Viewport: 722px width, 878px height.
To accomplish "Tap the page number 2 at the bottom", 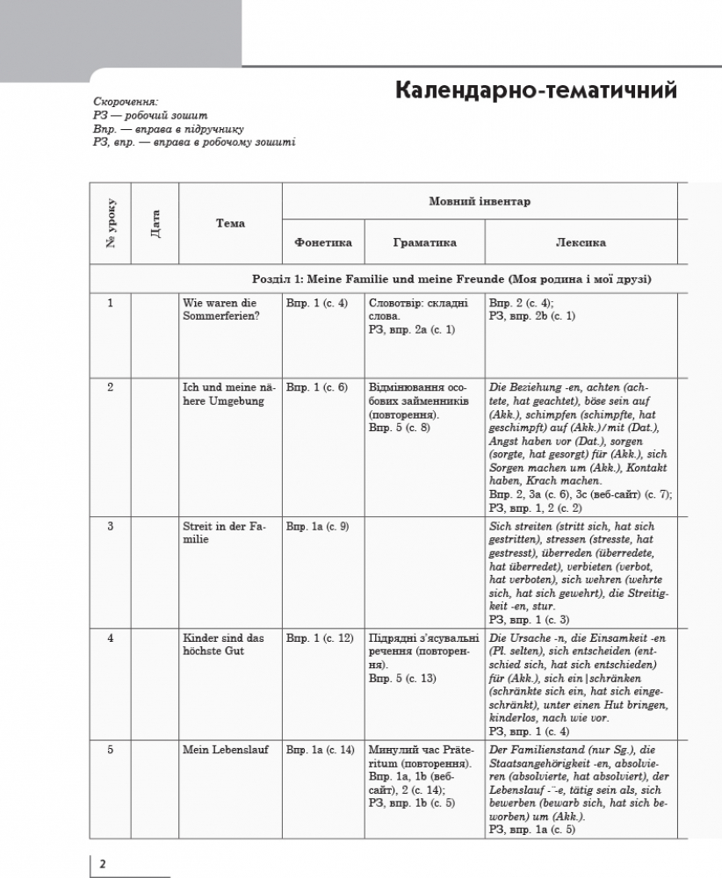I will pyautogui.click(x=103, y=864).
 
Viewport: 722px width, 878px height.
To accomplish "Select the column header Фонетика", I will pyautogui.click(x=323, y=243).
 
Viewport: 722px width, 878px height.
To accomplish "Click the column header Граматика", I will pyautogui.click(x=425, y=243).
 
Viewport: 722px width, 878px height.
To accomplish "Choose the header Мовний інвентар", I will pyautogui.click(x=480, y=201).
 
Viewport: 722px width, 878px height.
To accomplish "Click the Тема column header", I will pyautogui.click(x=230, y=223).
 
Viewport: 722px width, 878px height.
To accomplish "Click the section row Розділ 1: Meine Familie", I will pyautogui.click(x=451, y=279).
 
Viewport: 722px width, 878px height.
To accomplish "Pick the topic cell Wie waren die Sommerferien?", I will pyautogui.click(x=220, y=310).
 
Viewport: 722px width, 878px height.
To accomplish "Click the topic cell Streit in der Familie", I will pyautogui.click(x=223, y=533).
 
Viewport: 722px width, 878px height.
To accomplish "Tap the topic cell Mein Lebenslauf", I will pyautogui.click(x=226, y=750).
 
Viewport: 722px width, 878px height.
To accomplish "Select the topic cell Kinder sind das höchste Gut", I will pyautogui.click(x=223, y=644).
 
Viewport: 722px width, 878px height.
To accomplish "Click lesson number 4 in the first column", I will pyautogui.click(x=111, y=638).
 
